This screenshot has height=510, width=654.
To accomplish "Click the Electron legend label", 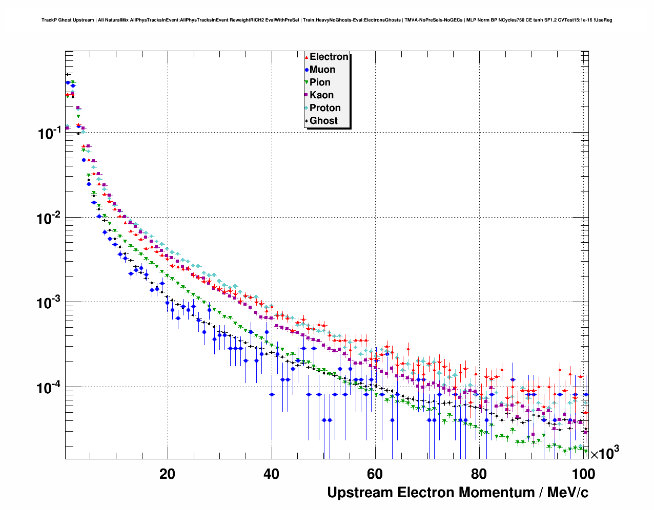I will pos(329,57).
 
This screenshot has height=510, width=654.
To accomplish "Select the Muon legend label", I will pos(322,70).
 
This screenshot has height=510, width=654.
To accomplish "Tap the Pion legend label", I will pos(320,82).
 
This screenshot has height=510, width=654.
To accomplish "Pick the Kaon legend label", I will pos(321,95).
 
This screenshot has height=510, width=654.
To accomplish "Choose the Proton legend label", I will pos(325,108).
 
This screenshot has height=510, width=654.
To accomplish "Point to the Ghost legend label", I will pos(323,121).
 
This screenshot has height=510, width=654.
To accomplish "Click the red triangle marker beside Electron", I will pos(306,57).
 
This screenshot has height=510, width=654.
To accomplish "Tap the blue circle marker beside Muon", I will pos(306,70).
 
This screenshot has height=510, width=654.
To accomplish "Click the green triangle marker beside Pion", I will pos(306,82).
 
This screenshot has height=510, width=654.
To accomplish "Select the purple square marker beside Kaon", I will pos(306,95).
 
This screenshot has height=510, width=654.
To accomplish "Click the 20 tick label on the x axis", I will pos(167,474).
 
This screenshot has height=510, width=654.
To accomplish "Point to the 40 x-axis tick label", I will pos(271,474).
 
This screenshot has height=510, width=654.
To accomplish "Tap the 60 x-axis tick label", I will pos(375,474).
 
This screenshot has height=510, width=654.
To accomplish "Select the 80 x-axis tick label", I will pos(479,474).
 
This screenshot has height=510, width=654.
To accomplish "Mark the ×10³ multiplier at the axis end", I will pos(605,453).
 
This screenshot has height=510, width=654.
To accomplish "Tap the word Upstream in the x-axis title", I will pos(360,493).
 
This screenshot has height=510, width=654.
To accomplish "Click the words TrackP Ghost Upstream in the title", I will pos(68,20).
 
